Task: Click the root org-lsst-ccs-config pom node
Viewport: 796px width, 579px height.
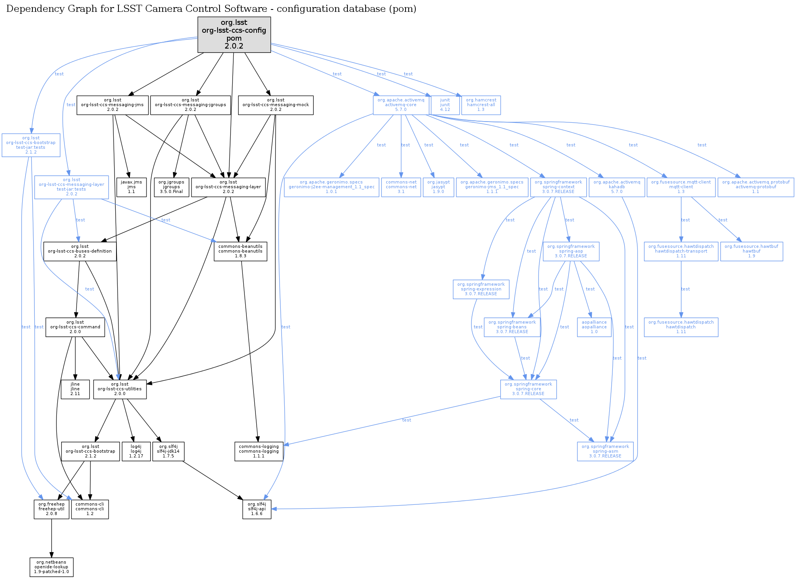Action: [x=234, y=34]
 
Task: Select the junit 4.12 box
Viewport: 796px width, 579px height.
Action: [x=445, y=105]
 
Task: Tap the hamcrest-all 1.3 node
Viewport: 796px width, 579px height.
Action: [x=481, y=105]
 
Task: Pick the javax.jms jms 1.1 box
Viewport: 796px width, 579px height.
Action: [x=131, y=187]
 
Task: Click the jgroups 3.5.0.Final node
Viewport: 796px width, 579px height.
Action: [x=171, y=187]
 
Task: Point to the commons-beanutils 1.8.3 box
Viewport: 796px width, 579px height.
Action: [x=240, y=251]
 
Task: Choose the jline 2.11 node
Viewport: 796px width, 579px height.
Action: [x=75, y=389]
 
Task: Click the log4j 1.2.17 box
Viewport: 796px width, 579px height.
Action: [x=136, y=452]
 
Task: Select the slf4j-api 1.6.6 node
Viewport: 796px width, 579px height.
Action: [x=257, y=509]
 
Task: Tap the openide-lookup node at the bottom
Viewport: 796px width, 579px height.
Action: [x=51, y=567]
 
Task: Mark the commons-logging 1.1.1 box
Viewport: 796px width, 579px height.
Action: [x=259, y=452]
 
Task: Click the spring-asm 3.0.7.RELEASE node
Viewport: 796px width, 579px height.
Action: [x=605, y=452]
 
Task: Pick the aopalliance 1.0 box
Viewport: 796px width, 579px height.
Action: [x=594, y=327]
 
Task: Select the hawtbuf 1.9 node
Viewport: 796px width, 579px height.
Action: [x=751, y=251]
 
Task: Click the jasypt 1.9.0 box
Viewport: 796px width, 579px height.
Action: [x=438, y=187]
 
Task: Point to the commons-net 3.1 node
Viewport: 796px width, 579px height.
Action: [x=401, y=187]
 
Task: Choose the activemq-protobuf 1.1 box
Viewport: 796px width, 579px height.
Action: [x=756, y=187]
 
